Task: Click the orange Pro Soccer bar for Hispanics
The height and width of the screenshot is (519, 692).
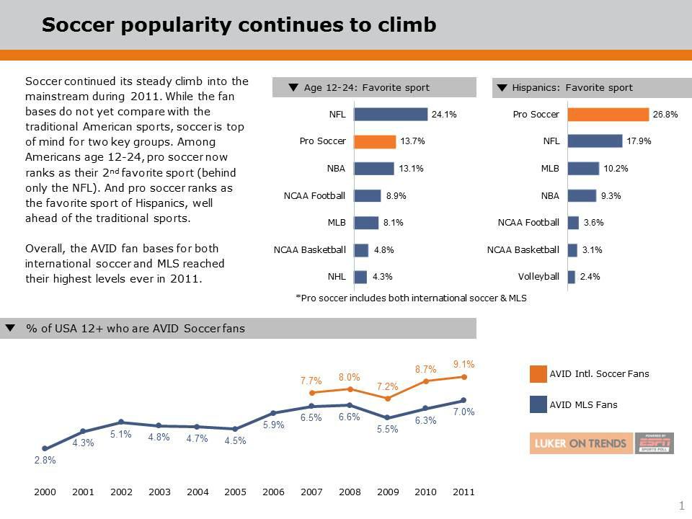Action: (608, 115)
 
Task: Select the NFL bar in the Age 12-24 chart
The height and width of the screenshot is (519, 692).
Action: (390, 115)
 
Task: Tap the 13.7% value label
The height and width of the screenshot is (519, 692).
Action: (412, 141)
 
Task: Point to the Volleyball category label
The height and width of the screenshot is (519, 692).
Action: (538, 276)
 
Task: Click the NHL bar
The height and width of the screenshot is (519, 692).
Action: (360, 276)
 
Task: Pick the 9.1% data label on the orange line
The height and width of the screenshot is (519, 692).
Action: (464, 364)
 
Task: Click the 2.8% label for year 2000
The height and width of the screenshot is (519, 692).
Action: (45, 461)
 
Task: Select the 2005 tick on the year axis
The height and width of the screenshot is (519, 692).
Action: (235, 492)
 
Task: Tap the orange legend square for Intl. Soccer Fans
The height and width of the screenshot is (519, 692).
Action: (538, 373)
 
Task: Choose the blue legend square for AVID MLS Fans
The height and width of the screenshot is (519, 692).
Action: (538, 404)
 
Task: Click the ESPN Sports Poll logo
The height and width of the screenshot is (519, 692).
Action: (655, 443)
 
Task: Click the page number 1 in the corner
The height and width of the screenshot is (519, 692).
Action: (681, 506)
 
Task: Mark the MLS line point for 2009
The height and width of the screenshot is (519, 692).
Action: (388, 417)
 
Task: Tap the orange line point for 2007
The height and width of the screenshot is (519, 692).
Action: (311, 393)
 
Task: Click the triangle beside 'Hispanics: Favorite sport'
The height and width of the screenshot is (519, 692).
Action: (502, 88)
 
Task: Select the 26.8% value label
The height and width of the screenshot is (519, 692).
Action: (665, 115)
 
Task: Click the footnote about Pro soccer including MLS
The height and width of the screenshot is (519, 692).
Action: (411, 298)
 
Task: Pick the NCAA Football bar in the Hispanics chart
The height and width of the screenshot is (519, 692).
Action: (573, 223)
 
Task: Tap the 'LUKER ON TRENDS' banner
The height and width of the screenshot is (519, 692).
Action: (581, 443)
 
